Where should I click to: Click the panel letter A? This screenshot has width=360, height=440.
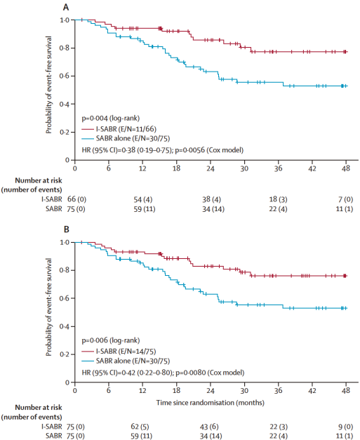(x=66, y=7)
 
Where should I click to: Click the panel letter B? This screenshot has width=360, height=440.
(x=66, y=229)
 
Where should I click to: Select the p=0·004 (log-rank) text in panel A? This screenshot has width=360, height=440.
(x=111, y=119)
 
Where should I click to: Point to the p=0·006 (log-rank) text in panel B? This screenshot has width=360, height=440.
(x=111, y=340)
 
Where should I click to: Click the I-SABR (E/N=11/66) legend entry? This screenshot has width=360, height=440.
(x=119, y=129)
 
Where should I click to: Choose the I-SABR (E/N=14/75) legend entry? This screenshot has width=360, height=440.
(x=119, y=352)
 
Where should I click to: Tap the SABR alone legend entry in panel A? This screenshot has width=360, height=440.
(x=126, y=138)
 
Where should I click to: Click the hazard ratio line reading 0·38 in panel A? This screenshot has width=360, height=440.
(x=163, y=150)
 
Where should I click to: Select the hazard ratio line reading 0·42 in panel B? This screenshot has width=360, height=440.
(x=163, y=373)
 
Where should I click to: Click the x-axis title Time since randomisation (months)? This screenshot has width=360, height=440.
(x=210, y=403)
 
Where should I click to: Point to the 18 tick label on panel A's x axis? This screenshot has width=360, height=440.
(x=177, y=168)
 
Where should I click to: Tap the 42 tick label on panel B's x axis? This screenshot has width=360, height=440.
(x=312, y=391)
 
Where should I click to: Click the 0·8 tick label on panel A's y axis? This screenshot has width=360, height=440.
(x=64, y=48)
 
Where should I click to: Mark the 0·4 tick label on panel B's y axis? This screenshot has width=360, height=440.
(x=64, y=326)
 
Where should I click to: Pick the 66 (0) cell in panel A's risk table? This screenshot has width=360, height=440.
(x=76, y=199)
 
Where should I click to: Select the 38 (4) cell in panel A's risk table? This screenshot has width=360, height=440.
(x=211, y=199)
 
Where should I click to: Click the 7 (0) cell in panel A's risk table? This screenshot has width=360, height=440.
(x=345, y=199)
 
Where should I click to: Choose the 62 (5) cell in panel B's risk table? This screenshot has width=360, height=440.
(x=140, y=427)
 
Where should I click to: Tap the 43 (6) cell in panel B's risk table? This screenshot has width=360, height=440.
(x=209, y=427)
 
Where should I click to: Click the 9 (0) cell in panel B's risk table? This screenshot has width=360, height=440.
(x=345, y=427)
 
